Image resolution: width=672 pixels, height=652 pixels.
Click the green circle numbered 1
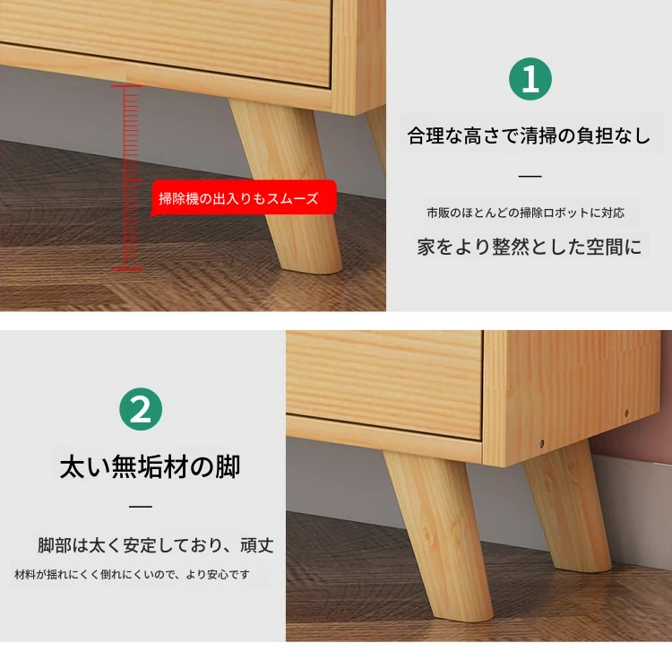(530, 79)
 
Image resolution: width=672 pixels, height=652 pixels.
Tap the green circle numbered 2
(141, 409)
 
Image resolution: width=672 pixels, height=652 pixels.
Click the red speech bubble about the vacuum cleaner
(244, 197)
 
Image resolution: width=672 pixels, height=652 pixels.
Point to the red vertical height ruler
(127, 178)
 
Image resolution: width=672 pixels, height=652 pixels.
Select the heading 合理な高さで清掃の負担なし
(530, 136)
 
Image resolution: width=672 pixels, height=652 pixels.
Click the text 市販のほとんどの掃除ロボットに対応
(526, 213)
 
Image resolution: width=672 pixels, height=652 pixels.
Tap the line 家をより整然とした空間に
(530, 247)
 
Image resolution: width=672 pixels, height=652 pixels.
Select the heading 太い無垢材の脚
(150, 466)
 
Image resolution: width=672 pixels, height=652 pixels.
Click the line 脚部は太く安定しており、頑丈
(156, 545)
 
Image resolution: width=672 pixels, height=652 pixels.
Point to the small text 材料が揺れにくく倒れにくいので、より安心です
(132, 574)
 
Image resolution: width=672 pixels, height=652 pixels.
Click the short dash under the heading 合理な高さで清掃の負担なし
(530, 176)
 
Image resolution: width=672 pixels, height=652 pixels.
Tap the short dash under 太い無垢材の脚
(141, 506)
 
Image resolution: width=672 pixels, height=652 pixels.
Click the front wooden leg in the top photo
(287, 187)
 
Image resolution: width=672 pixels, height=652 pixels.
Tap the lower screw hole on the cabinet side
(542, 443)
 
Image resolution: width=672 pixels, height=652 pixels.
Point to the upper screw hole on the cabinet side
(626, 413)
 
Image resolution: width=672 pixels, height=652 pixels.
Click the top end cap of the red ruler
(127, 86)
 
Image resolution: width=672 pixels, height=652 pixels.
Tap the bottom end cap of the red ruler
(127, 269)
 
